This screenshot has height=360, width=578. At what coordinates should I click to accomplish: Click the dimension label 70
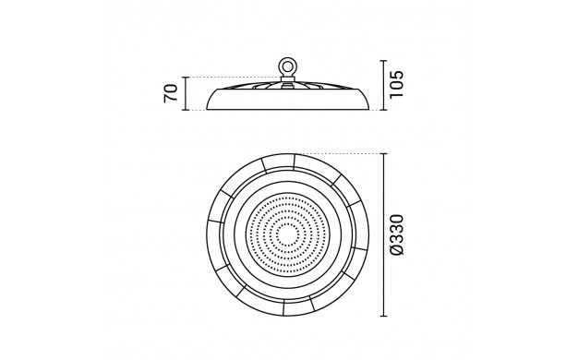pyautogui.click(x=171, y=93)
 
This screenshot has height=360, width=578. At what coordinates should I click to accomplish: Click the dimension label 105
pyautogui.click(x=397, y=84)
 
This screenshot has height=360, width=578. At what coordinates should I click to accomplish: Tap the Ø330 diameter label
pyautogui.click(x=397, y=234)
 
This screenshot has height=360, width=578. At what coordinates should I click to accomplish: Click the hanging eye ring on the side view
pyautogui.click(x=287, y=66)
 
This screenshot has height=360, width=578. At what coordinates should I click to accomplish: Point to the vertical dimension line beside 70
pyautogui.click(x=186, y=93)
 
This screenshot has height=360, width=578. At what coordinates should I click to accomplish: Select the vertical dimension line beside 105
pyautogui.click(x=384, y=85)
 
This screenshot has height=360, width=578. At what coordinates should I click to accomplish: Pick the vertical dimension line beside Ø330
pyautogui.click(x=384, y=234)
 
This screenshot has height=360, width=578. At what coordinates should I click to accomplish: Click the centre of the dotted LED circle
pyautogui.click(x=287, y=234)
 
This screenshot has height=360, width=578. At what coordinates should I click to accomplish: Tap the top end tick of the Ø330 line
pyautogui.click(x=384, y=153)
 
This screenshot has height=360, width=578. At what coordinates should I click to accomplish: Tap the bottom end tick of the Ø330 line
pyautogui.click(x=384, y=316)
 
